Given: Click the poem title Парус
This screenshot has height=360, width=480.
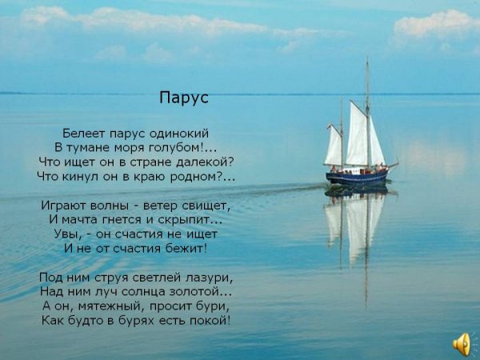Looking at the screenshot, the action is pos(184,98).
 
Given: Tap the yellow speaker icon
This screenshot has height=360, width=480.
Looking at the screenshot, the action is pos(462,344).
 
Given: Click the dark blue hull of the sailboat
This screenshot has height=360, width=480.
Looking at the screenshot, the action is pos(357,178).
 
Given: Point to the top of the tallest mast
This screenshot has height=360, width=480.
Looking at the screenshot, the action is pos(367,58).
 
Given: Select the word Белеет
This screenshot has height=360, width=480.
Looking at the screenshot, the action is pos(84,134).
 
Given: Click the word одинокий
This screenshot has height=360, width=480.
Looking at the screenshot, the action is pos(178,134).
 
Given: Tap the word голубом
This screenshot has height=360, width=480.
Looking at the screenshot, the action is pos(174,148).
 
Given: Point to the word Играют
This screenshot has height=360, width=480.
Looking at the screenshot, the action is pos(64,206).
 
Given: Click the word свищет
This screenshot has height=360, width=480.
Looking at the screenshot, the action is pos(204,206).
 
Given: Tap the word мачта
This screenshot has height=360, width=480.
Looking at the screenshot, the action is pos(79,220).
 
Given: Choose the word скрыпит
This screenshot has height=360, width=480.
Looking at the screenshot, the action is pos(183,220).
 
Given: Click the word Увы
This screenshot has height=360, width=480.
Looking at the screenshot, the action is pos(67,234).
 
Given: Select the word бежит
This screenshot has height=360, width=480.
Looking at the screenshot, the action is pos(184,248).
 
